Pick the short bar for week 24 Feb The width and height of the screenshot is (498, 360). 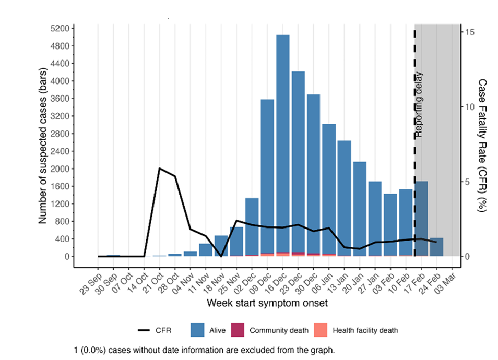436,247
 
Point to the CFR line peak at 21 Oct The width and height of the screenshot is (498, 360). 159,169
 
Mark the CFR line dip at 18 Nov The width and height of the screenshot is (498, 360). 221,256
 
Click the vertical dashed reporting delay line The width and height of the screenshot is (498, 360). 414,157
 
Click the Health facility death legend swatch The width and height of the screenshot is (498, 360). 321,330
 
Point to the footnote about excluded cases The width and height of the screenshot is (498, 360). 207,349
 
